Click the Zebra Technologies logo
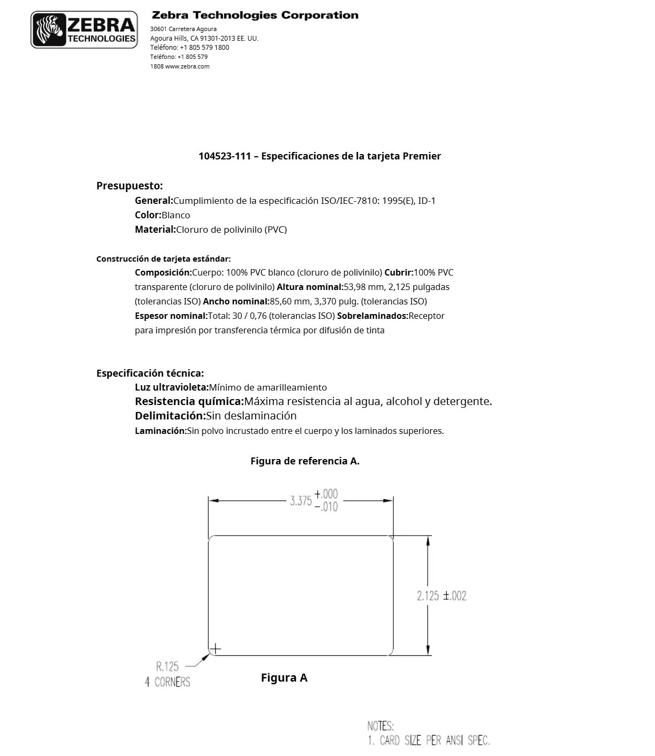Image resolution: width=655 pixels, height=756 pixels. click(84, 30)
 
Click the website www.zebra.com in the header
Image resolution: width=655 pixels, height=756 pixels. click(187, 66)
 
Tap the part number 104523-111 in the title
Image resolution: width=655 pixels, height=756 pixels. click(224, 156)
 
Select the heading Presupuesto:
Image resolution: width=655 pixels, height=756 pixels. click(130, 186)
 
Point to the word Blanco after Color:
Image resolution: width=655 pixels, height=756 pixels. click(176, 215)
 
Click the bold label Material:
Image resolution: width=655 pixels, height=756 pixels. click(155, 230)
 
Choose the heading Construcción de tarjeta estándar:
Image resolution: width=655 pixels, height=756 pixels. click(163, 259)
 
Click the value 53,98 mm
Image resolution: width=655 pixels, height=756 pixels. click(361, 287)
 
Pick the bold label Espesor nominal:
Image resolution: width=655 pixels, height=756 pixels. click(171, 316)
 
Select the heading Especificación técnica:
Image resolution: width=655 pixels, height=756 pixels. click(150, 373)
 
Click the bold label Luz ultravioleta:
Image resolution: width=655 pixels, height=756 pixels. click(171, 387)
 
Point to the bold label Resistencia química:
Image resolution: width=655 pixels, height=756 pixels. click(189, 401)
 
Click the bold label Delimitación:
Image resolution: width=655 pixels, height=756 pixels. click(170, 416)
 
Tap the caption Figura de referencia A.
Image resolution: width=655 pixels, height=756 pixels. click(304, 461)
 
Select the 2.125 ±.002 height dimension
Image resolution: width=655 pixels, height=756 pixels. click(441, 595)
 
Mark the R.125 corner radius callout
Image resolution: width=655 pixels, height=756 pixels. click(167, 667)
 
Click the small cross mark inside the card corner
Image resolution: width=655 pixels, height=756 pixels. click(215, 649)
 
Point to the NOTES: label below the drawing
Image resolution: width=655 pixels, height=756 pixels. click(380, 726)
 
